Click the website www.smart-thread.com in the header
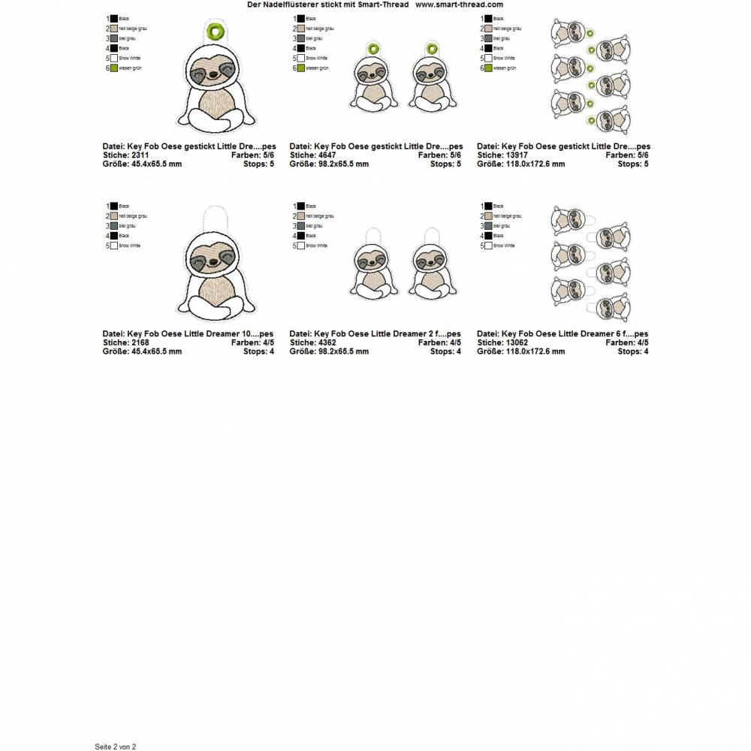[x=459, y=5]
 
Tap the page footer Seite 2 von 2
[x=115, y=746]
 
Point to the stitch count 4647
[x=327, y=155]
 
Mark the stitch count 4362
[x=327, y=342]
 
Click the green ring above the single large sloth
[x=216, y=31]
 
